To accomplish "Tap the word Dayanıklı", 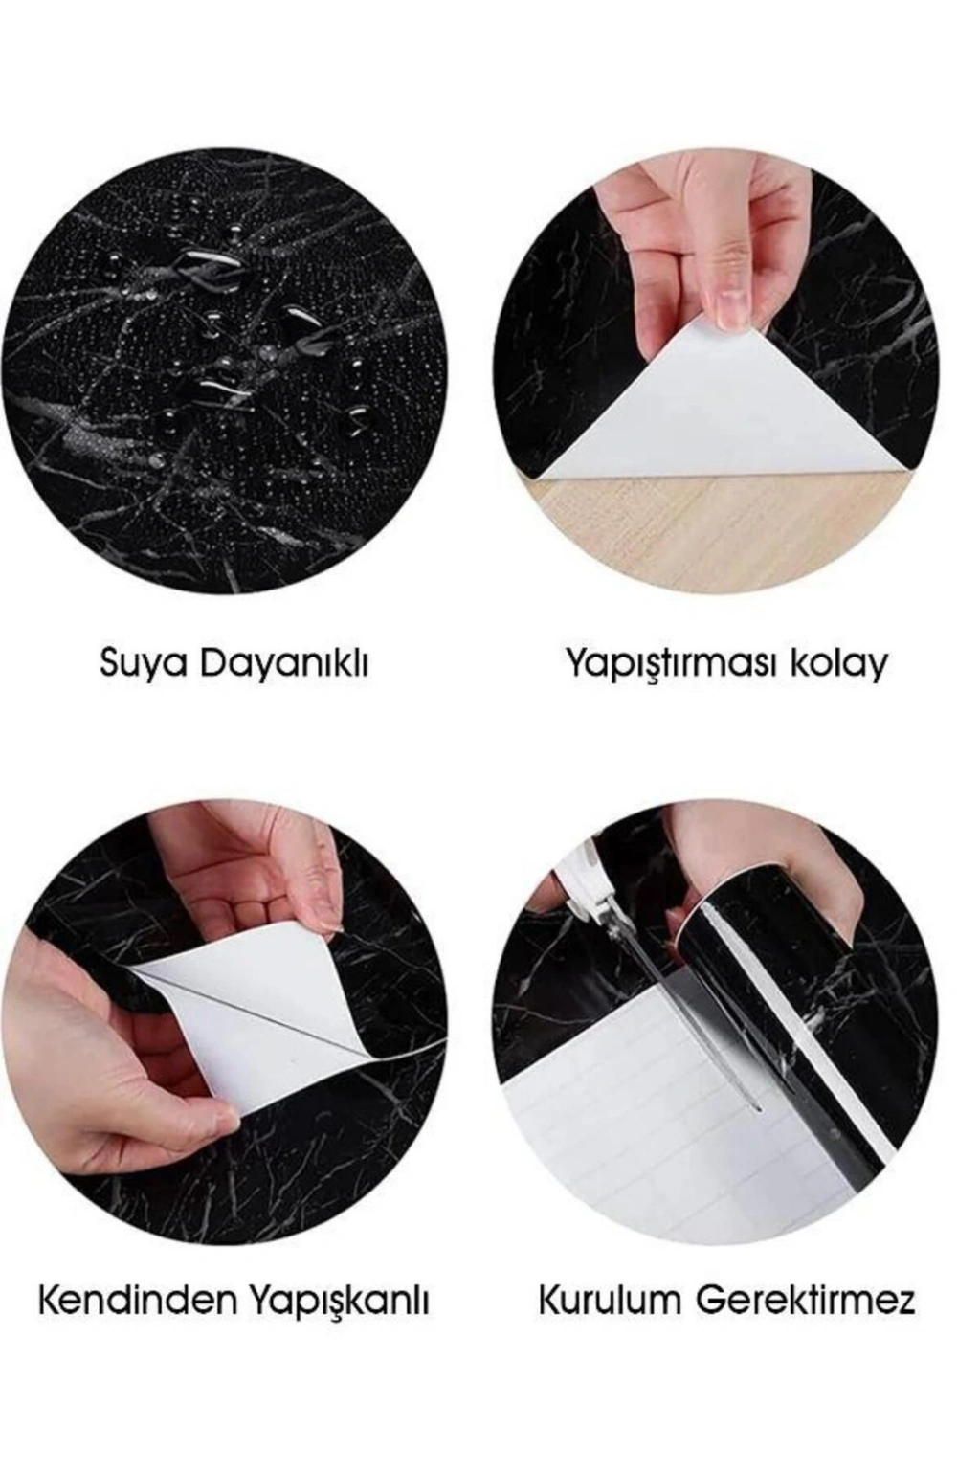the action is [x=282, y=663].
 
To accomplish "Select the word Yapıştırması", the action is [x=670, y=664].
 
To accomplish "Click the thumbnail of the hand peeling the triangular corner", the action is [x=716, y=371].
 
